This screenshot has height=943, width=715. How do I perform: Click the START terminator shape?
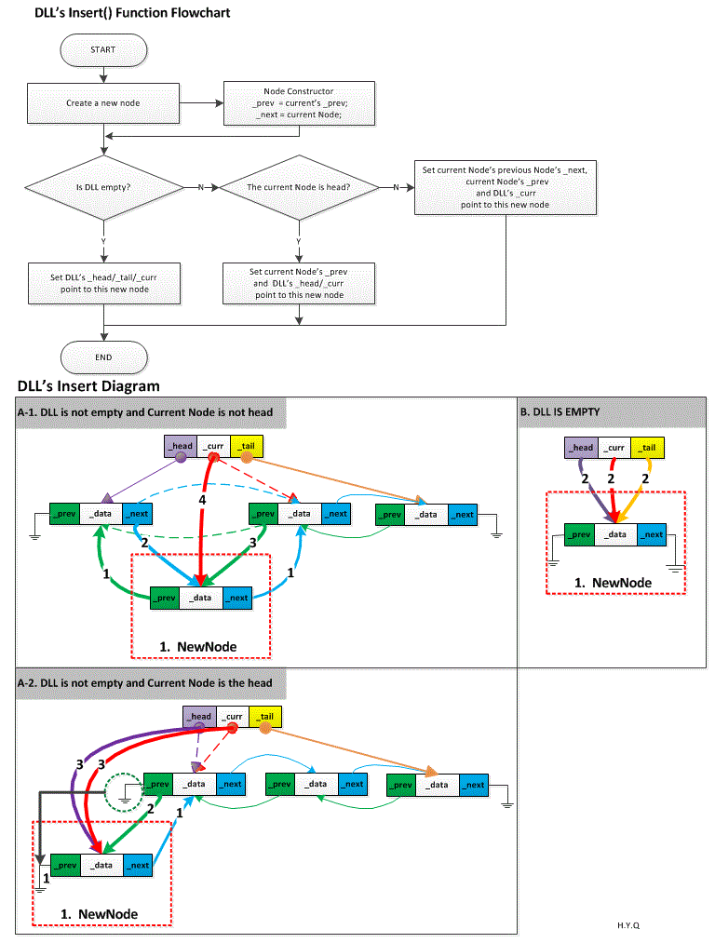coord(103,49)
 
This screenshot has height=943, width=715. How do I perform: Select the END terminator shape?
coord(103,357)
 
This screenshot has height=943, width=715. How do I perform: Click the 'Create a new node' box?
coord(103,103)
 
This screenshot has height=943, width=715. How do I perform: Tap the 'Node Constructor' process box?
coord(299,103)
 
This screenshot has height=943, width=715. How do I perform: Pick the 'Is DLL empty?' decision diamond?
coord(103,187)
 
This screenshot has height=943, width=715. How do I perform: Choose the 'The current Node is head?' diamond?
coord(298,187)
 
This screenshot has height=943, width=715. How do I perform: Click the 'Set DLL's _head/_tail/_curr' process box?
coord(103,283)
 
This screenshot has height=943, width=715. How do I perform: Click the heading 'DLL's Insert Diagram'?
coord(88,386)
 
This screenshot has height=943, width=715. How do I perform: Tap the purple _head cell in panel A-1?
coord(181,446)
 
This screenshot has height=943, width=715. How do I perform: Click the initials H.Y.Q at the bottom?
coord(627,925)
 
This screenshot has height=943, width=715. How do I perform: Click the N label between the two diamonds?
coord(200,188)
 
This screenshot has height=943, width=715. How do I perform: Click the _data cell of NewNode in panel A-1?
coord(202,598)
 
